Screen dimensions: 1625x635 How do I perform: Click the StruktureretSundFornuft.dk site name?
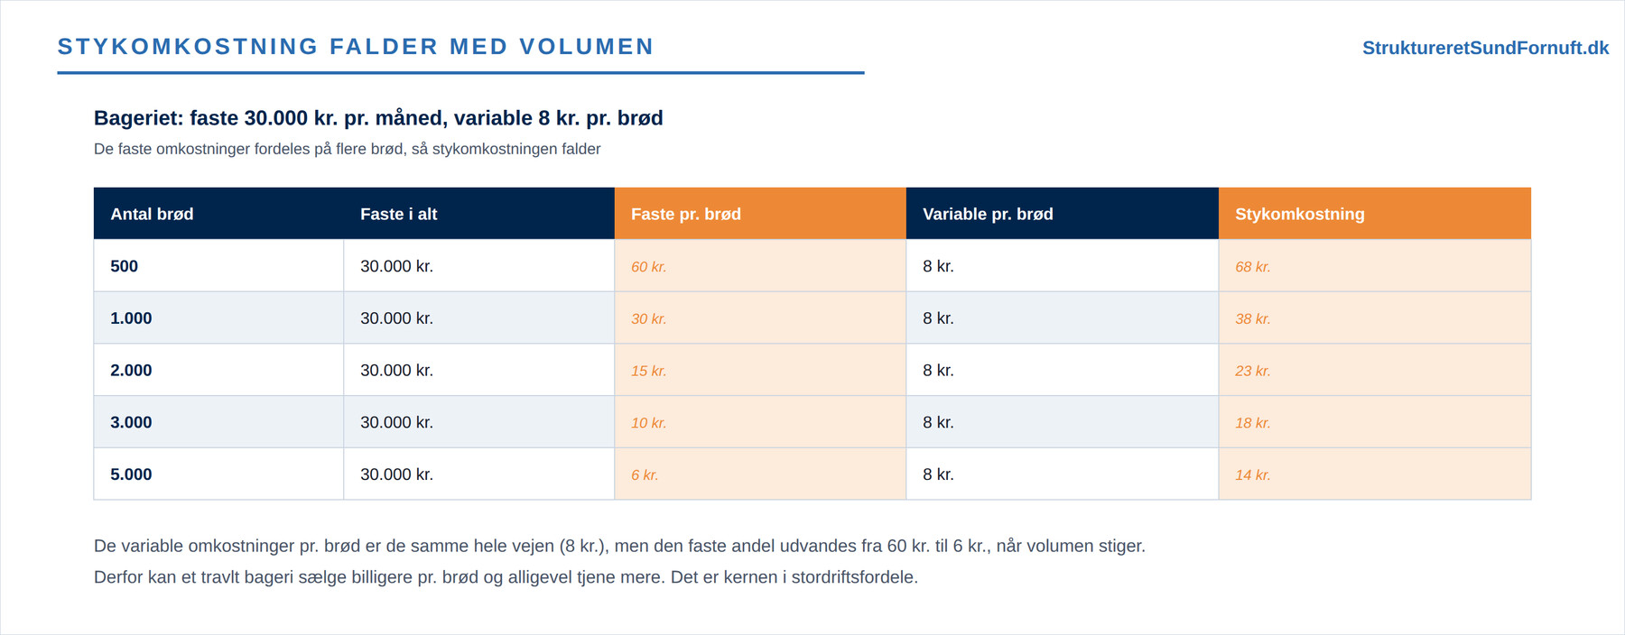(1485, 48)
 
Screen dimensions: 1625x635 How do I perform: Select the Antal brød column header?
(152, 214)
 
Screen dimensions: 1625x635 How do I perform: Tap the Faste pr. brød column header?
(686, 214)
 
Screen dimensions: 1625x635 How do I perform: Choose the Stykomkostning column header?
(1300, 214)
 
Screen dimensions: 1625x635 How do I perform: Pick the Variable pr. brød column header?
(988, 214)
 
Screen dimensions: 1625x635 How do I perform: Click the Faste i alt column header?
(398, 214)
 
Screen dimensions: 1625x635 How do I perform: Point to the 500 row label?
(124, 266)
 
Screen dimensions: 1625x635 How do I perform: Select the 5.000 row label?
(131, 474)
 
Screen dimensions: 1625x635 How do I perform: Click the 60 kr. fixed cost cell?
(649, 267)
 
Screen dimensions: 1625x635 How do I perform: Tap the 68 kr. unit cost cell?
(1253, 267)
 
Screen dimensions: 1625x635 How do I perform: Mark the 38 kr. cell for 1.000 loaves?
(1253, 319)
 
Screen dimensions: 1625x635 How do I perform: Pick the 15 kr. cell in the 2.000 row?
(649, 371)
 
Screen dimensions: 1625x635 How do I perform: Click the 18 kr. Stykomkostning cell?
(1253, 423)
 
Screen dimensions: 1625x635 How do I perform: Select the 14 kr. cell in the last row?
(1253, 475)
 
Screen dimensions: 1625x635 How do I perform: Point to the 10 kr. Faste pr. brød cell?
(649, 423)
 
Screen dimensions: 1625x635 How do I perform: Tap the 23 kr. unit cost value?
(1253, 371)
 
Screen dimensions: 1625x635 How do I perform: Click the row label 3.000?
(131, 422)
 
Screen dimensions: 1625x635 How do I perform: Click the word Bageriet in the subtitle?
(139, 118)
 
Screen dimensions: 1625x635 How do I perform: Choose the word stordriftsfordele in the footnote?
(854, 577)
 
